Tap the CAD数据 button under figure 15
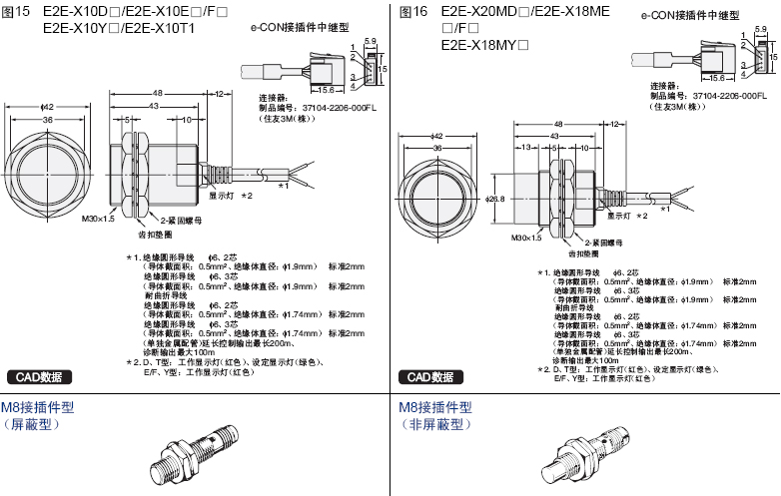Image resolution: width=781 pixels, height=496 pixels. [x=38, y=377]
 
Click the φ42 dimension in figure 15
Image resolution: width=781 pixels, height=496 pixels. [x=46, y=107]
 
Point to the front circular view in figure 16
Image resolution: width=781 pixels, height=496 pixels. [x=436, y=193]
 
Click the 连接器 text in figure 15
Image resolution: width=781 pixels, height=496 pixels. [x=273, y=97]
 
